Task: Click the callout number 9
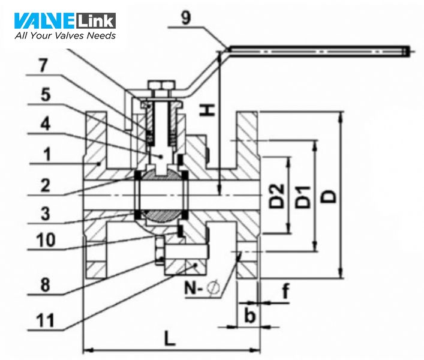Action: [x=187, y=17]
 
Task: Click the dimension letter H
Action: [x=205, y=109]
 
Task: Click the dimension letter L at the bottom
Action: [x=170, y=339]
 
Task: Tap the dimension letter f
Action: [x=285, y=293]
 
